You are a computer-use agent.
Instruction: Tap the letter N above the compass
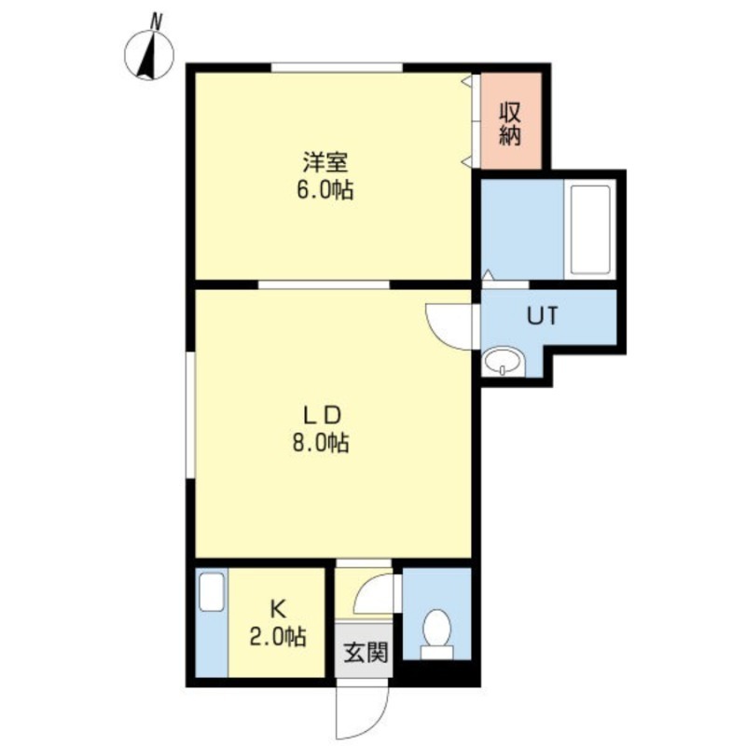(157, 19)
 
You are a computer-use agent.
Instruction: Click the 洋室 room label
(325, 161)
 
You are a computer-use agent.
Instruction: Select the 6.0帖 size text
(325, 191)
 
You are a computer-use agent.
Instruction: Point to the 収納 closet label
(509, 122)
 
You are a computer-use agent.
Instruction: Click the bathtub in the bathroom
(588, 229)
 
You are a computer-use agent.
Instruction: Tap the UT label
(543, 316)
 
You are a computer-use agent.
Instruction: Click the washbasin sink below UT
(503, 362)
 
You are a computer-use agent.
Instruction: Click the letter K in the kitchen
(278, 609)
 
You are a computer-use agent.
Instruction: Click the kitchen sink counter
(212, 621)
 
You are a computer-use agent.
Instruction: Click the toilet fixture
(435, 629)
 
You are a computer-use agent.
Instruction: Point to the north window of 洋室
(337, 67)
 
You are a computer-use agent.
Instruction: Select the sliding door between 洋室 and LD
(323, 283)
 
